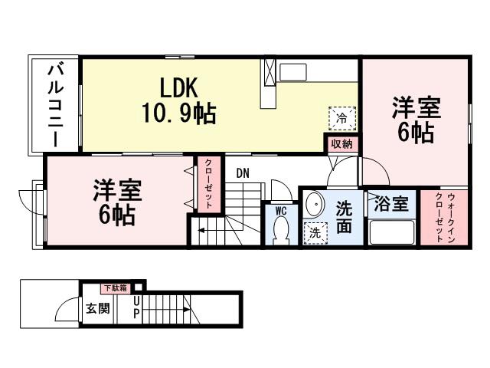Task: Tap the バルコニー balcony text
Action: coord(55,105)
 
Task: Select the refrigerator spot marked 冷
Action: coord(341,119)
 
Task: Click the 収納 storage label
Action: coord(341,144)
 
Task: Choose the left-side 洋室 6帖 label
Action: coord(116,202)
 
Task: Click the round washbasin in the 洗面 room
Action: coord(314,205)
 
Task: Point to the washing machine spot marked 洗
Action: coord(314,233)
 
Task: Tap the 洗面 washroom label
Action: coord(344,216)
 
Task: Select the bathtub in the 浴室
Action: coord(391,232)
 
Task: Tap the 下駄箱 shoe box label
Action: coord(112,288)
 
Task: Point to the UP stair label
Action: coord(136,309)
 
